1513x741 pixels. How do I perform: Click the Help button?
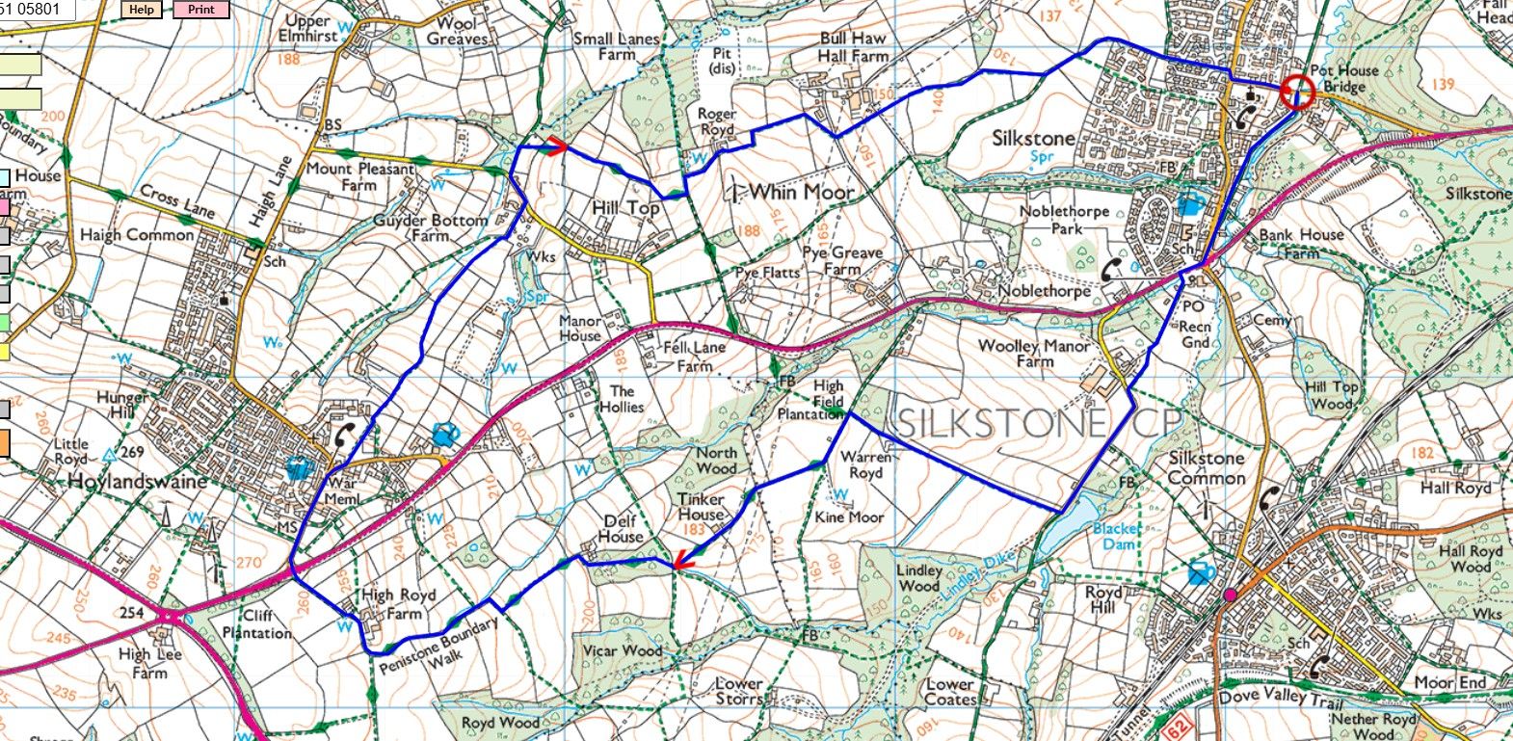pos(142,11)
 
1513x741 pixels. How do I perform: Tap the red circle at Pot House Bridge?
pos(1297,93)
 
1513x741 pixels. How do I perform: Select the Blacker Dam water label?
pos(1117,537)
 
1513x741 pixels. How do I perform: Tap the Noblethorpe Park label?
pos(1065,220)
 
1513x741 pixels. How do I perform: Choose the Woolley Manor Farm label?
pos(1034,354)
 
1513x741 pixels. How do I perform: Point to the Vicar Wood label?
pos(623,651)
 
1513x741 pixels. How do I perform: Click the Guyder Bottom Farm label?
pos(430,227)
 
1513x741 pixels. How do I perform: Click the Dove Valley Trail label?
pos(1276,696)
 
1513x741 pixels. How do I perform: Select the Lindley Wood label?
pos(919,578)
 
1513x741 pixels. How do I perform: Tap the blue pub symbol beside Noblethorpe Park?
pos(1190,204)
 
